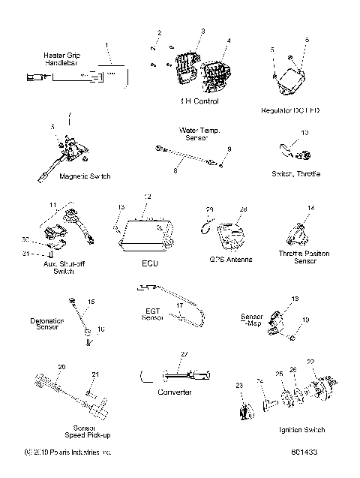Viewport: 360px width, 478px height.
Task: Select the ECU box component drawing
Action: coord(145,236)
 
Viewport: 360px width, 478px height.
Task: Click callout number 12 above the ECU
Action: coord(147,197)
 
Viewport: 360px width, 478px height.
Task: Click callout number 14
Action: coord(310,207)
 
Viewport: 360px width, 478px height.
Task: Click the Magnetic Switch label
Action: coord(63,176)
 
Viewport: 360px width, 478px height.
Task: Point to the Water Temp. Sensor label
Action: coord(198,134)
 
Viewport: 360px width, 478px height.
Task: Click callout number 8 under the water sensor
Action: coord(175,171)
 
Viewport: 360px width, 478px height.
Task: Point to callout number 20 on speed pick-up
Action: coord(61,366)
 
